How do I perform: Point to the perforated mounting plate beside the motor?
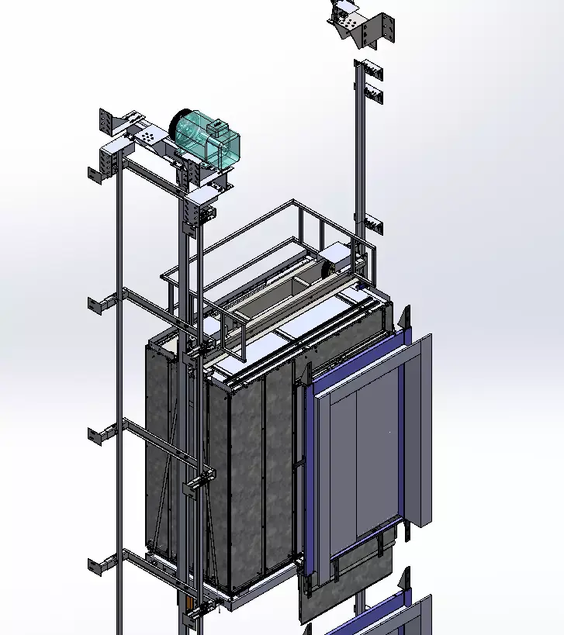pyautogui.click(x=147, y=136)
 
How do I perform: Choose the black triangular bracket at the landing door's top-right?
pyautogui.click(x=404, y=318)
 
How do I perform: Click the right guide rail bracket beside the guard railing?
pyautogui.click(x=373, y=226)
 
